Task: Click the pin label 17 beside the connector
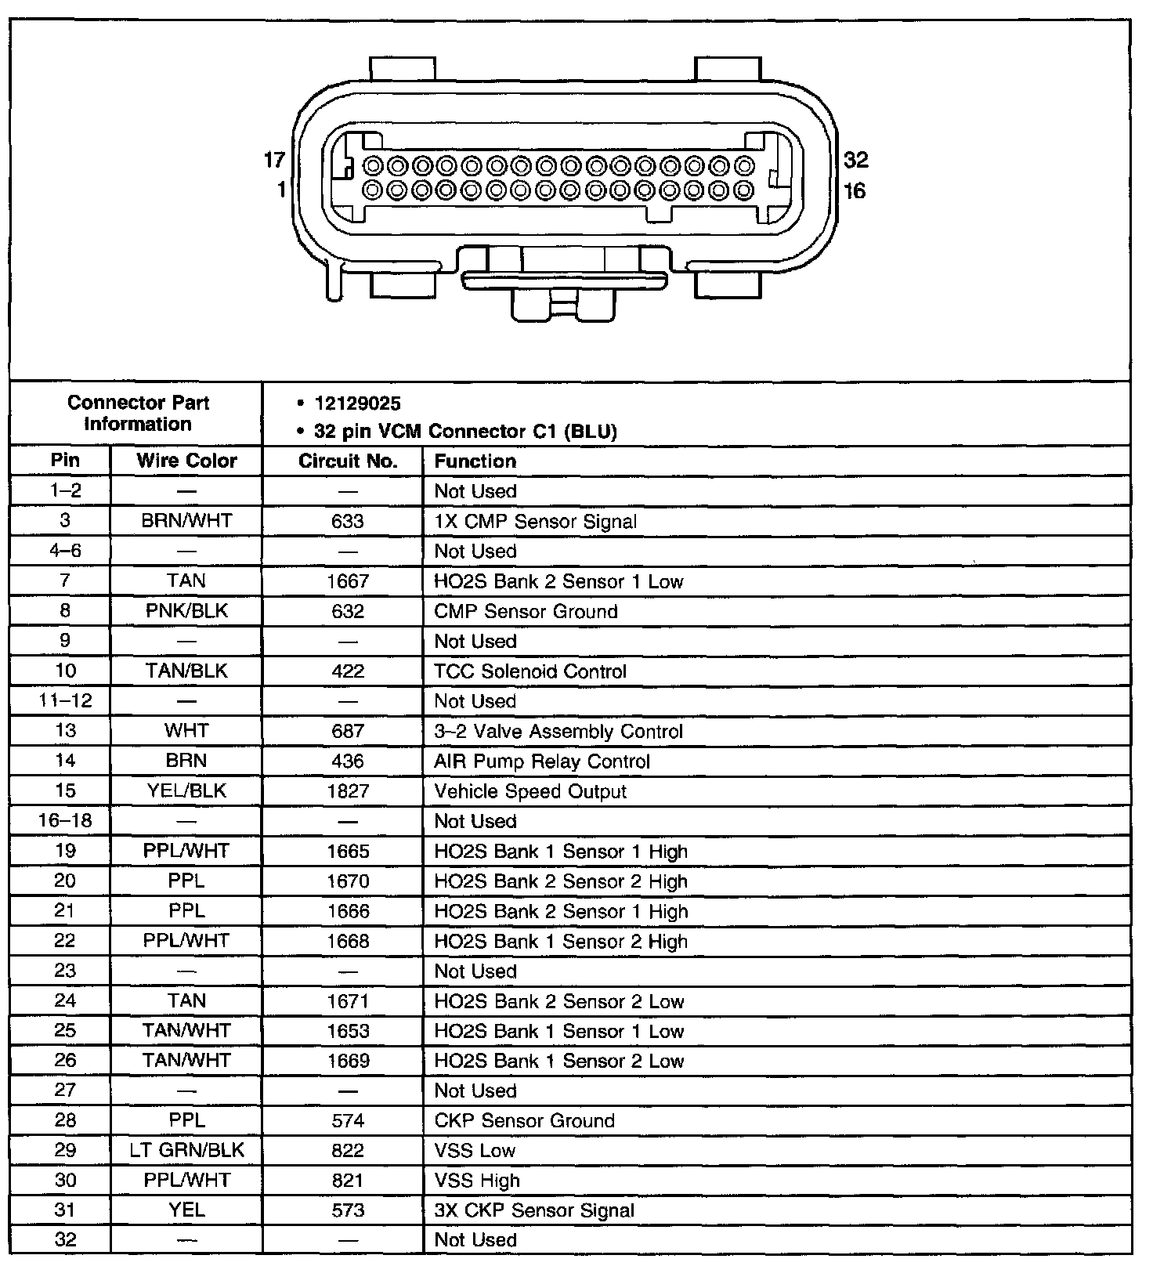coord(274,160)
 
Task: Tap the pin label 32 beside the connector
coord(856,160)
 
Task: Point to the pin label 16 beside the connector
coord(855,191)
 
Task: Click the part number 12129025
coord(357,403)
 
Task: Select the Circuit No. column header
coord(348,461)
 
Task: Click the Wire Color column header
coord(186,461)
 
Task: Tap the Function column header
coord(475,461)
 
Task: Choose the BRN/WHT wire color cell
coord(186,521)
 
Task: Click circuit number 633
coord(348,521)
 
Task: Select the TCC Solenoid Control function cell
coord(530,671)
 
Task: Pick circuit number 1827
coord(348,791)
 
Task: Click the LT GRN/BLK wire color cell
coord(186,1150)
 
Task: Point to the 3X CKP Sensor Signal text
coord(534,1210)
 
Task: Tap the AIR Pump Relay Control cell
coord(542,761)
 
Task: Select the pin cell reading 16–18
coord(65,821)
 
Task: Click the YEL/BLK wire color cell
coord(186,791)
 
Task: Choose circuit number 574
coord(348,1120)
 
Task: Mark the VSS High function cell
coord(477,1181)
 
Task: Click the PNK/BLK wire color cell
coord(186,611)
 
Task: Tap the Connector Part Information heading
coord(138,414)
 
